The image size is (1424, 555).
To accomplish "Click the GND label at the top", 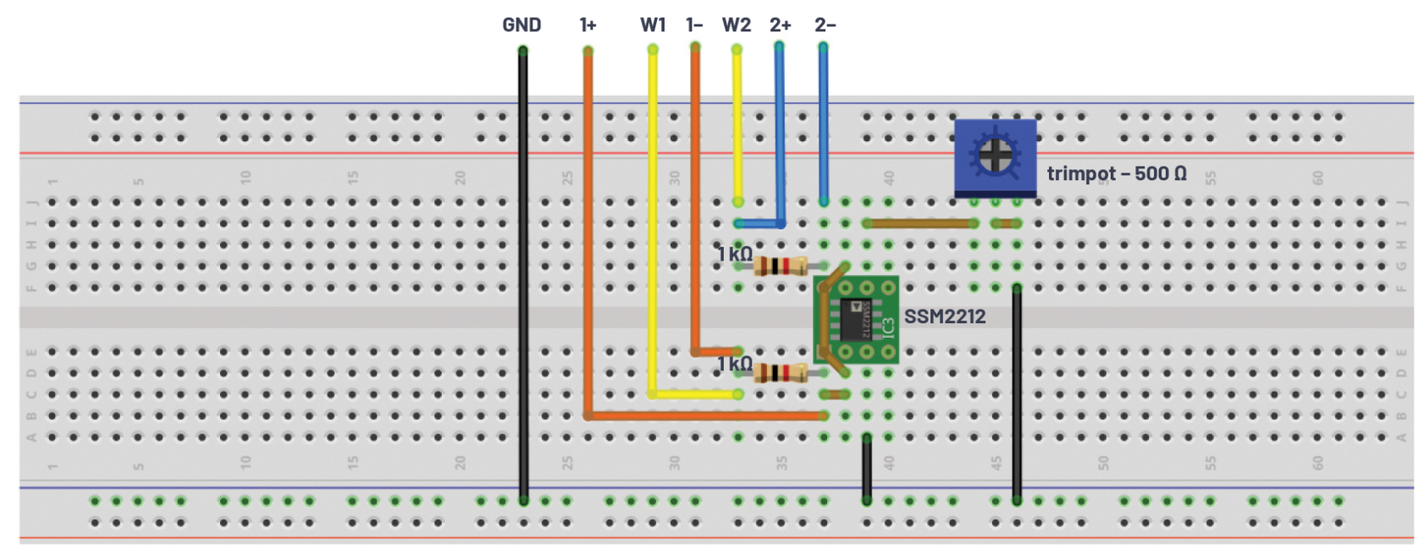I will pyautogui.click(x=521, y=25).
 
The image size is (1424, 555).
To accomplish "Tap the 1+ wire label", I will pyautogui.click(x=588, y=25).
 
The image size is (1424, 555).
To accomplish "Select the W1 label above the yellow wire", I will pyautogui.click(x=653, y=25).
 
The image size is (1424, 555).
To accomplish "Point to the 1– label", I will pyautogui.click(x=694, y=25).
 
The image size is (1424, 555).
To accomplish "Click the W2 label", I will pyautogui.click(x=736, y=25).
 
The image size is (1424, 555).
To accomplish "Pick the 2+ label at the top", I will pyautogui.click(x=780, y=25).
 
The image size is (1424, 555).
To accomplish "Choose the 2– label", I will pyautogui.click(x=825, y=25).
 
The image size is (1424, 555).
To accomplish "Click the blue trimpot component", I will pyautogui.click(x=995, y=157).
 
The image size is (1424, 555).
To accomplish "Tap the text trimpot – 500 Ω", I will pyautogui.click(x=1116, y=173).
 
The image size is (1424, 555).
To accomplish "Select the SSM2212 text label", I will pyautogui.click(x=944, y=316).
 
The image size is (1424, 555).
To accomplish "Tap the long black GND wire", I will pyautogui.click(x=523, y=279).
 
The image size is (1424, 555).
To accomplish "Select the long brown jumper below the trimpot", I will pyautogui.click(x=920, y=223).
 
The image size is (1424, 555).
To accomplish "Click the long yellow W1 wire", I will pyautogui.click(x=653, y=220).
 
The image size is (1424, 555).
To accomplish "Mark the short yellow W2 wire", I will pyautogui.click(x=737, y=127).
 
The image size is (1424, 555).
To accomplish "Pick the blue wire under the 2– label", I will pyautogui.click(x=823, y=127).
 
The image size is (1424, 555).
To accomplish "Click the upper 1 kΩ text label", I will pyautogui.click(x=734, y=254).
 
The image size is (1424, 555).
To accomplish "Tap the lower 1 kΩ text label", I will pyautogui.click(x=734, y=364).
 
